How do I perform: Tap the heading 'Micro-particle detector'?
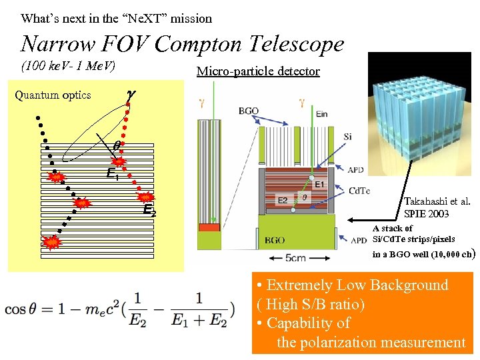258,71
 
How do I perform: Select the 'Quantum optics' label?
53,95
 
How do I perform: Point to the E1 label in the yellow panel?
113,175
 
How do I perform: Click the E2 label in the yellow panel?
150,212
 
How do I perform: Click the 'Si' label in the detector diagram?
348,137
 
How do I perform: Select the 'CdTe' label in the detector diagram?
359,191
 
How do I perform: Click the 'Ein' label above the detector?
323,114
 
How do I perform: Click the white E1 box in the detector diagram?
319,185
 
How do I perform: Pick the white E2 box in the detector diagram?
283,200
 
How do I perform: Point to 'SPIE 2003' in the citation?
427,214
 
